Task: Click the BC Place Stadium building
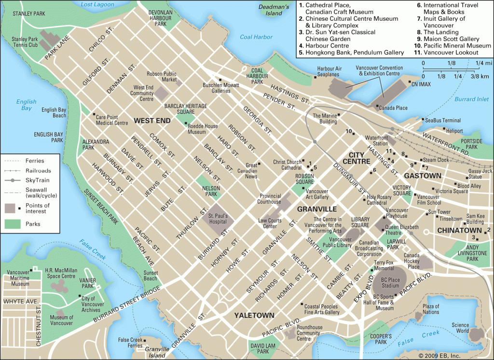click(x=390, y=282)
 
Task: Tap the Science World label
click(x=460, y=328)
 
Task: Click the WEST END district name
click(x=152, y=121)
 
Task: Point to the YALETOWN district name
click(x=254, y=315)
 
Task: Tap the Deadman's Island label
click(x=274, y=10)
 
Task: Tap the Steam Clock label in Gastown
click(x=436, y=160)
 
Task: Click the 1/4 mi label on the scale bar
click(x=483, y=63)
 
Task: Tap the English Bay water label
click(x=26, y=105)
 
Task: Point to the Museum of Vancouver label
click(x=61, y=320)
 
